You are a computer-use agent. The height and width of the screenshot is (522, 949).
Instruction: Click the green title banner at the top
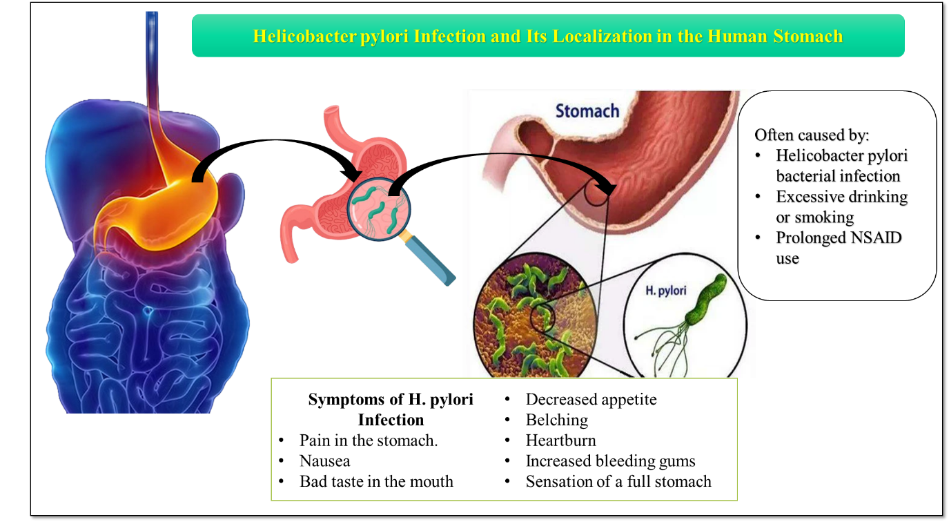tap(547, 36)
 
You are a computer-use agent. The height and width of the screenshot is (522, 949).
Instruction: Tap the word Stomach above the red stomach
tap(587, 110)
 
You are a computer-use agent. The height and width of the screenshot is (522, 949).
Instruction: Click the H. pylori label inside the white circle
tap(665, 291)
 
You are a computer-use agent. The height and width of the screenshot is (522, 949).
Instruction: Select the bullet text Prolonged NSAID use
tap(838, 248)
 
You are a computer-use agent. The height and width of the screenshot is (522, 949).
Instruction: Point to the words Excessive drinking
tap(841, 197)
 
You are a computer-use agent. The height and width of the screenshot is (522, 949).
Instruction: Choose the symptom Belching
tap(556, 420)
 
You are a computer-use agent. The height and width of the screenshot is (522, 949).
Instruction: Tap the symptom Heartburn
tap(560, 441)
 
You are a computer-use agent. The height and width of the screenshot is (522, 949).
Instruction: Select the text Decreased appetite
tap(591, 399)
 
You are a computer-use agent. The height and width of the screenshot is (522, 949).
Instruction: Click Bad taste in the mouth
tap(376, 482)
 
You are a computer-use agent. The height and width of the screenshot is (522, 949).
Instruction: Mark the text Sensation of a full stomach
tap(618, 482)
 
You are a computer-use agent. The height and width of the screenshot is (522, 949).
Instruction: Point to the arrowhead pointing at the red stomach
tap(609, 188)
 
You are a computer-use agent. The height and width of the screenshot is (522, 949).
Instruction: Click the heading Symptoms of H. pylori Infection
tap(391, 409)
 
